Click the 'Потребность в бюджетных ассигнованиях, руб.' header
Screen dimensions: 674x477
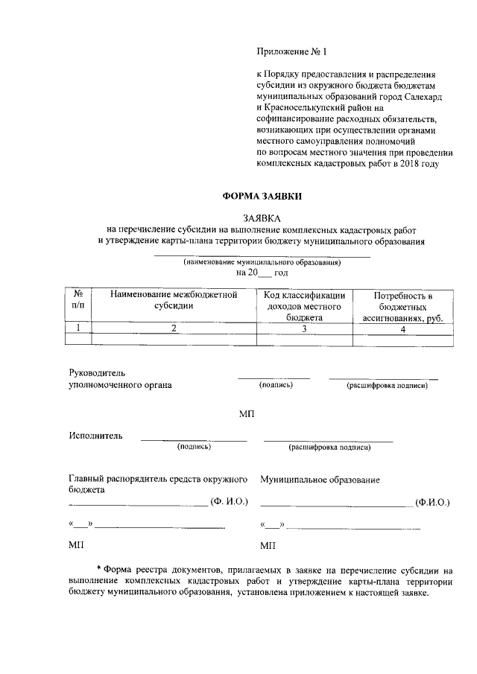[x=402, y=306]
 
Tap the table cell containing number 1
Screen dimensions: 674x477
[x=78, y=328]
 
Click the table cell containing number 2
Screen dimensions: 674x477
[x=174, y=328]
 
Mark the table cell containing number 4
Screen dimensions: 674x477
[x=402, y=328]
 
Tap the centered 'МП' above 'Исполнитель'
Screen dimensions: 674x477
[x=247, y=413]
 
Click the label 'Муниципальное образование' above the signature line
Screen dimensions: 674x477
[x=320, y=480]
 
